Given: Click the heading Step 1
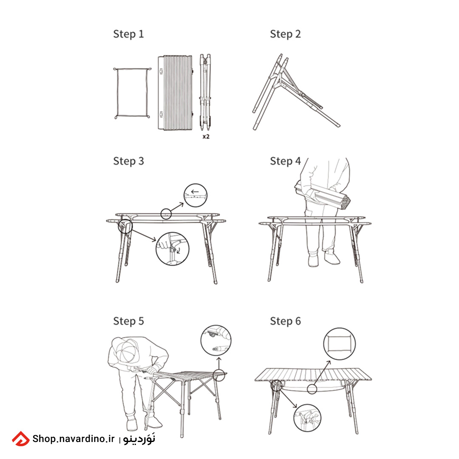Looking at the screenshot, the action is pos(128,34).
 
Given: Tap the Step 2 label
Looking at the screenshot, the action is pos(286,34).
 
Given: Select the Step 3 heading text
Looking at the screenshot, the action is pos(128,161).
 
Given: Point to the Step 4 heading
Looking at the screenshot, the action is pos(286,161).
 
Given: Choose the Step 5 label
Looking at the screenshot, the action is pos(128,321).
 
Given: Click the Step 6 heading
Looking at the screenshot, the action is pos(286,321).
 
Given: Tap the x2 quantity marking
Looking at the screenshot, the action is pos(206,136).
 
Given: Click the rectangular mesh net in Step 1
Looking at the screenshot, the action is pos(117,93).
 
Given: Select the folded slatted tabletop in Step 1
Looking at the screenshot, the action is pos(176,93).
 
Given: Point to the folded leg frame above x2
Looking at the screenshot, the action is pos(205,92).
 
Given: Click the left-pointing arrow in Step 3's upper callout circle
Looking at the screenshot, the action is pos(195,192).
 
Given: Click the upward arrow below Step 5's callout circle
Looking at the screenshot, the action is pos(219,363).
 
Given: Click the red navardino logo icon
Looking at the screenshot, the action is pos(21,439).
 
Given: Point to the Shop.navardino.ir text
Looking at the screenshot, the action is pos(74,439).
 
